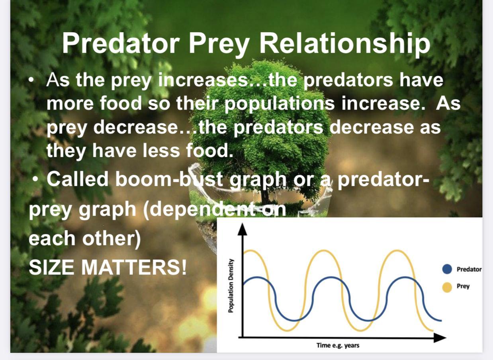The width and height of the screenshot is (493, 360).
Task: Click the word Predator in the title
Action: tap(121, 43)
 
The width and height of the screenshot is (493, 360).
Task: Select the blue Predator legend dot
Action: tap(447, 269)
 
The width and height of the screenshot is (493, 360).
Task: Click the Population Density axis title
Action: tap(231, 286)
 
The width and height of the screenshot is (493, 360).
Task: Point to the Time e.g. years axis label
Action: tap(338, 345)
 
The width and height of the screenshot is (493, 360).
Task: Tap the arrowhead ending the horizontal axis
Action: tap(440, 337)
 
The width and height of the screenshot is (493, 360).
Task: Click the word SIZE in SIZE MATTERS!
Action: tap(51, 267)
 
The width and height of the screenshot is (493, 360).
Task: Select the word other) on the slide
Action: tap(112, 239)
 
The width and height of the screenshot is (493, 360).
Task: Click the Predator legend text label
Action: tap(469, 269)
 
